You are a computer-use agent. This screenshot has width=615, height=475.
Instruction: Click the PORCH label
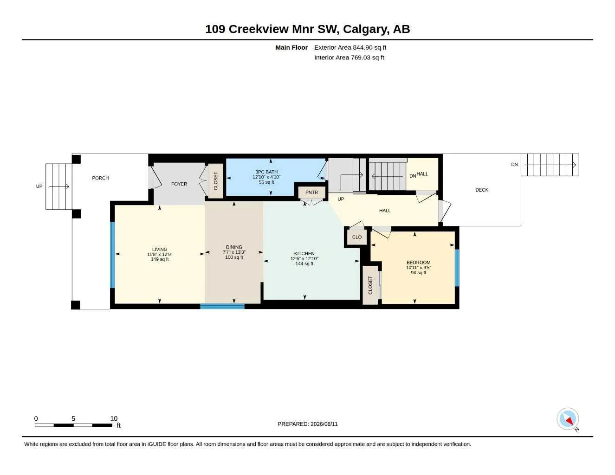[x=100, y=178]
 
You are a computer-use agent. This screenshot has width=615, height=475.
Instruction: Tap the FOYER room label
[x=179, y=184]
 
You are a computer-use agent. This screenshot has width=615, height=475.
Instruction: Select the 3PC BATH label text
[x=266, y=172]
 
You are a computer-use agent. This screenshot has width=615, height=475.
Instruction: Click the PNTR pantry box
[x=311, y=193]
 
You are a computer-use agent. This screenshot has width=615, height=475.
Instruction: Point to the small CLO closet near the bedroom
[x=357, y=237]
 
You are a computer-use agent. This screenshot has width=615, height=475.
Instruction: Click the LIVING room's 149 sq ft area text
[x=160, y=259]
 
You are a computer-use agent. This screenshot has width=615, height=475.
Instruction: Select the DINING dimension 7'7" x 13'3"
[x=234, y=252]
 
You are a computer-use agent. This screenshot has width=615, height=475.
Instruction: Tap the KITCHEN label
[x=304, y=254]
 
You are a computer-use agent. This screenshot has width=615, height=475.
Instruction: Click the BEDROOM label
[x=418, y=263]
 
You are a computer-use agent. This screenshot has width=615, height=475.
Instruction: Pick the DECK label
[x=482, y=190]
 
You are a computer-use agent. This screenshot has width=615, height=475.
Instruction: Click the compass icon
[x=568, y=419]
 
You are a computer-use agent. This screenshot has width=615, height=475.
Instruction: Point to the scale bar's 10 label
[x=114, y=418]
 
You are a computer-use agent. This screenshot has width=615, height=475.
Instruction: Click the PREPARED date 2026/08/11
[x=324, y=424]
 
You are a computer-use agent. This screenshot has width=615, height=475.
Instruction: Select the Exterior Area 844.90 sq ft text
[x=350, y=47]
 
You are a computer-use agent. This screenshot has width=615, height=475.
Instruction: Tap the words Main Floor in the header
[x=291, y=47]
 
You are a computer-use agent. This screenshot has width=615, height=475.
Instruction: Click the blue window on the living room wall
[x=112, y=255]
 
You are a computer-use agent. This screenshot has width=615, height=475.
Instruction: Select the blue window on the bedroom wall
[x=457, y=268]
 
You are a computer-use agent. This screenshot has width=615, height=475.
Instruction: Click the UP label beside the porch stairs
[x=39, y=186]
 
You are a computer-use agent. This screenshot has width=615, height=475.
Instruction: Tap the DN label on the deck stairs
[x=514, y=165]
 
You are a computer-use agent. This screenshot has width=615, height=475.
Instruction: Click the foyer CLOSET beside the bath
[x=216, y=181]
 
